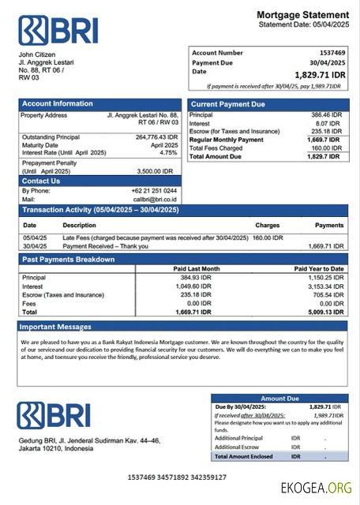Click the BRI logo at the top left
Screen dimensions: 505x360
click(58, 29)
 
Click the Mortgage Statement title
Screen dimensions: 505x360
click(302, 15)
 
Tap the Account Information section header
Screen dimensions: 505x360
click(57, 103)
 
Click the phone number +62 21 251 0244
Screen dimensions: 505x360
click(154, 191)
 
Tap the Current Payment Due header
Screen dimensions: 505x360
click(228, 104)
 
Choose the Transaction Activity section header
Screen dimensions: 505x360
click(100, 210)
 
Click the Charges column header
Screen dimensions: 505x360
click(267, 225)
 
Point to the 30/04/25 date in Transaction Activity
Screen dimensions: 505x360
click(34, 245)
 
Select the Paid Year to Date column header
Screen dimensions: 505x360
click(319, 268)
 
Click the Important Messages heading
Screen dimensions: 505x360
click(55, 326)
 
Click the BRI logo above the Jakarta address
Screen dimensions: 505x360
click(54, 414)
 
